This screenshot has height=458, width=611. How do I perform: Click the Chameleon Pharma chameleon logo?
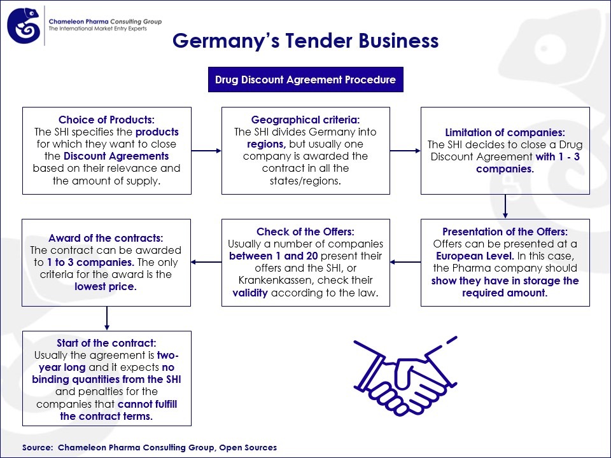click(x=24, y=25)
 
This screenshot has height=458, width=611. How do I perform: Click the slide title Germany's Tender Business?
click(x=305, y=41)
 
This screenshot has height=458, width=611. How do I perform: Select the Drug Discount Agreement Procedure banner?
click(x=305, y=80)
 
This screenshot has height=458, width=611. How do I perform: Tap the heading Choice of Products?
click(x=106, y=120)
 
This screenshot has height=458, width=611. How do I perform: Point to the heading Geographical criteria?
click(x=305, y=120)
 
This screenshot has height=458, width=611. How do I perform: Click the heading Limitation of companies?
click(x=505, y=132)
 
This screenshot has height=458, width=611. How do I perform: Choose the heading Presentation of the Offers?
click(x=505, y=232)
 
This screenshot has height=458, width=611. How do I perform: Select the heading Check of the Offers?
click(x=305, y=232)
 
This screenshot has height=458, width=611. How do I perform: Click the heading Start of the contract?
click(x=106, y=343)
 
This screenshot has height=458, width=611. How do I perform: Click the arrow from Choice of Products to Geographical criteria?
click(x=206, y=151)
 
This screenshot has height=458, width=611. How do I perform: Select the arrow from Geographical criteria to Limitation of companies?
click(x=405, y=151)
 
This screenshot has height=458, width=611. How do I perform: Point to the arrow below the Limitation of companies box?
click(x=505, y=206)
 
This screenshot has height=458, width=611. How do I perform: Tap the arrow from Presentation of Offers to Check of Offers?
click(x=405, y=261)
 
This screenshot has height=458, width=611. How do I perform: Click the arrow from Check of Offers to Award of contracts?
click(x=206, y=261)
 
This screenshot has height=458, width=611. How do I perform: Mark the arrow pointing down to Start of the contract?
click(x=106, y=318)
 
